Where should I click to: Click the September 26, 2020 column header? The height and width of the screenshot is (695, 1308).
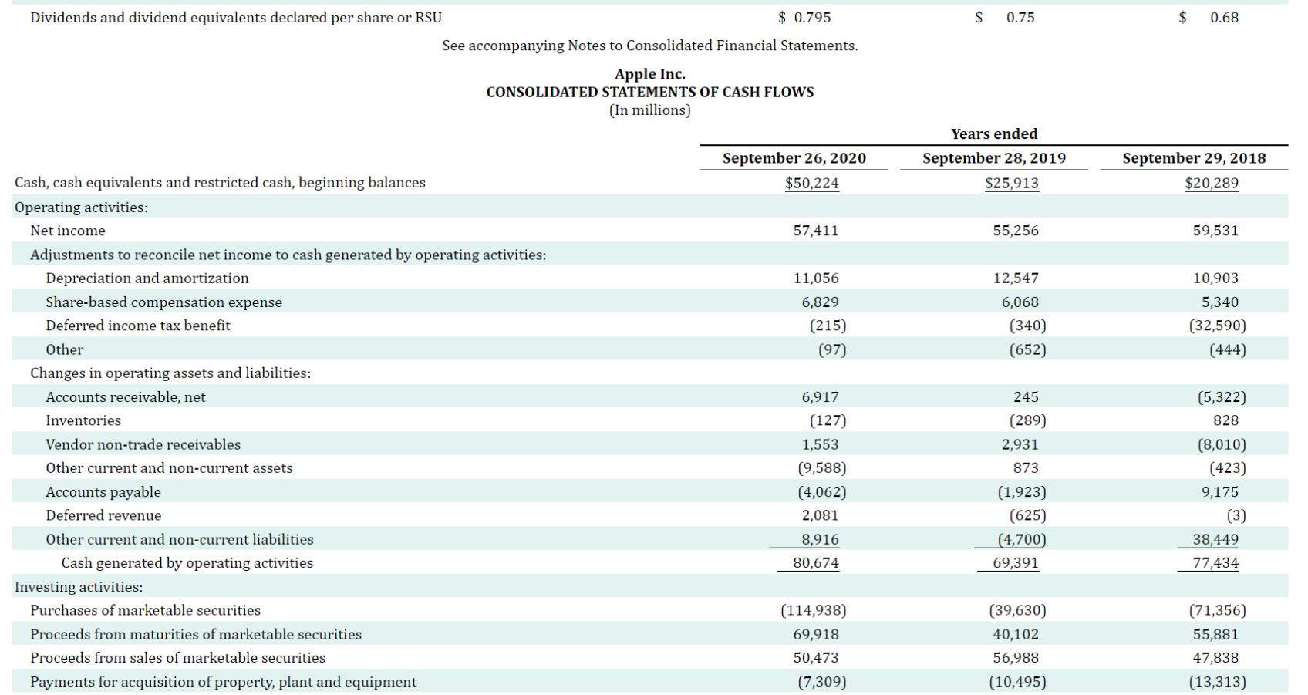(x=794, y=158)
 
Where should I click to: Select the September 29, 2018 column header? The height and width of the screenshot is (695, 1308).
(x=1194, y=158)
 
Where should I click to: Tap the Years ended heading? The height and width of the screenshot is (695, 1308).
(x=993, y=134)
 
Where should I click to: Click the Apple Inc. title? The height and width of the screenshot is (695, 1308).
(x=649, y=74)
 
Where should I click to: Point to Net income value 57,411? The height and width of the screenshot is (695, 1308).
(x=815, y=231)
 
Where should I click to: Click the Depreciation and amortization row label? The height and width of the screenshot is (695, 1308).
(x=147, y=278)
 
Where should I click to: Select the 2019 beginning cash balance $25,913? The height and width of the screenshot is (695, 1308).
(x=1011, y=184)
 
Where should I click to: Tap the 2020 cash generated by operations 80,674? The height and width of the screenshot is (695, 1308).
(x=815, y=563)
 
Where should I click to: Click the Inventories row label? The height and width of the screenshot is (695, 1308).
(x=83, y=420)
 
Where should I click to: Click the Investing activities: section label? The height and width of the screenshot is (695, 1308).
(x=79, y=587)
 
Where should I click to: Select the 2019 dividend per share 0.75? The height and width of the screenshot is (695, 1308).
(x=1020, y=18)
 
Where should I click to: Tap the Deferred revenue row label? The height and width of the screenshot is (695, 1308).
(x=103, y=515)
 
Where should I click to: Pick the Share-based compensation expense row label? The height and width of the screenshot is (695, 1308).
(x=163, y=302)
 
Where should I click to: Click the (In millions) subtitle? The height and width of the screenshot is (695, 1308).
(x=649, y=110)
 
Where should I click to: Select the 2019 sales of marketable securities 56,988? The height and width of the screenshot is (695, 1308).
(x=1015, y=658)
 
